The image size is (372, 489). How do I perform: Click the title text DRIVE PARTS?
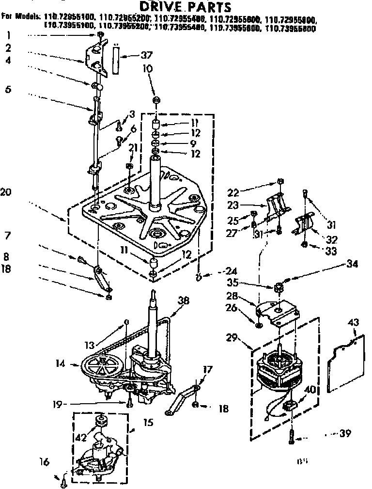click(x=186, y=7)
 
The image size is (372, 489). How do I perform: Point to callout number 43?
click(x=354, y=321)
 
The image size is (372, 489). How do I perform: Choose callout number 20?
click(x=6, y=192)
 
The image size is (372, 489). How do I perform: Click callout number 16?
click(x=45, y=462)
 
